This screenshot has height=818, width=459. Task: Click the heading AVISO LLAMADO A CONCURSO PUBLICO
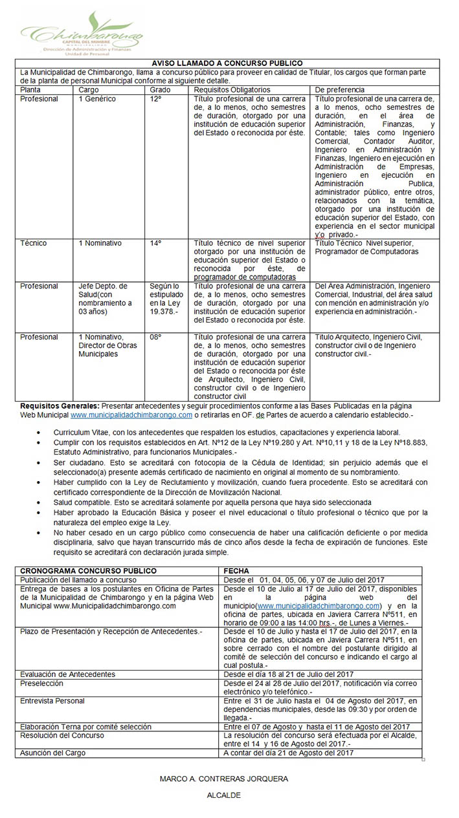(227, 63)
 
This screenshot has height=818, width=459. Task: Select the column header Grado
(160, 90)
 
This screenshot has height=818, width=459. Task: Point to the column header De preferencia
(339, 90)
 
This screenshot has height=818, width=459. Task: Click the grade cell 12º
(155, 99)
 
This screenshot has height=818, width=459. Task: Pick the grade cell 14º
(155, 243)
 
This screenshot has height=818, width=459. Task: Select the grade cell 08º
(155, 337)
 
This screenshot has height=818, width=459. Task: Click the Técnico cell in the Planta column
(33, 243)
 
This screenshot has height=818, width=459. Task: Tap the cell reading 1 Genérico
(97, 99)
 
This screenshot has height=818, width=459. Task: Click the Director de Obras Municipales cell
(104, 345)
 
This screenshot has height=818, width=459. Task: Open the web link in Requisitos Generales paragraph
(131, 414)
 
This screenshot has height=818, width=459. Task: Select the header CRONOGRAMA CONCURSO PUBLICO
(88, 571)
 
